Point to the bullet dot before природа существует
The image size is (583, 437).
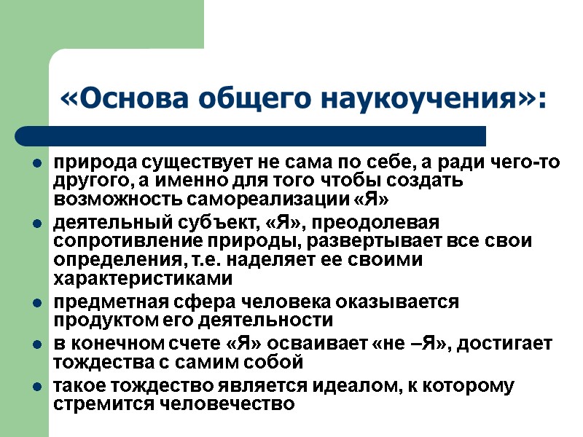pyautogui.click(x=36, y=162)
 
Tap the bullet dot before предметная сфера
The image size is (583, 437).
pyautogui.click(x=36, y=302)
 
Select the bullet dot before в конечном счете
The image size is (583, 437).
pyautogui.click(x=36, y=344)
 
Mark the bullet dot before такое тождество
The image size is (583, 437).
pyautogui.click(x=36, y=385)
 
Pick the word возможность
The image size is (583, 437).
pyautogui.click(x=117, y=200)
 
